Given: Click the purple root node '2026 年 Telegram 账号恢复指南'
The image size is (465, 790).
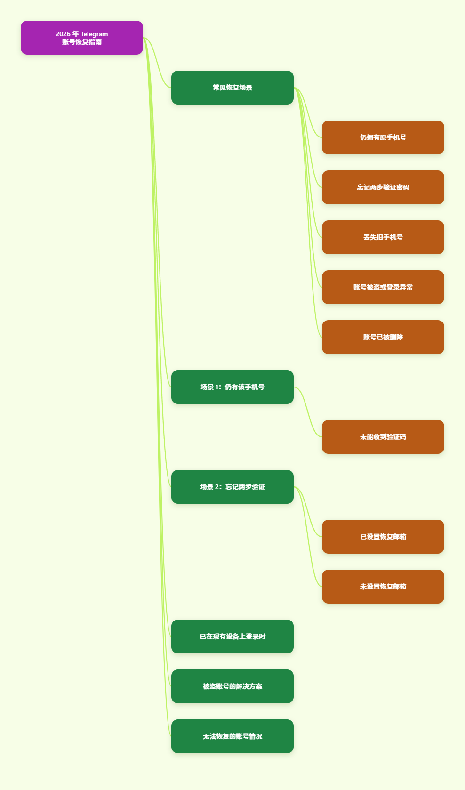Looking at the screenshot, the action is [x=82, y=38].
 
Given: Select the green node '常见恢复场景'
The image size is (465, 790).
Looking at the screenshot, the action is [x=232, y=88].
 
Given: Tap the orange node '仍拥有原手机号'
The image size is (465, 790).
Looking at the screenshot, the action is [x=383, y=137].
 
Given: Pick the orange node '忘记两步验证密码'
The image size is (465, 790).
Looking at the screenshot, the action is [x=383, y=187].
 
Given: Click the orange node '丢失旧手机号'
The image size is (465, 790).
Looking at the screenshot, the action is [x=383, y=237].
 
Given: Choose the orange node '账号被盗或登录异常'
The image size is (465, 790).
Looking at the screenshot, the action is [x=383, y=287].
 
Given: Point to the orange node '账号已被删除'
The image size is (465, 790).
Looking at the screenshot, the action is [x=383, y=337].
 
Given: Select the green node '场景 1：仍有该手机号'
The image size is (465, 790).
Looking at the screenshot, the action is [x=232, y=387].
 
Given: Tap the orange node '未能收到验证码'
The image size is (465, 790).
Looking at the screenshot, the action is [x=383, y=437].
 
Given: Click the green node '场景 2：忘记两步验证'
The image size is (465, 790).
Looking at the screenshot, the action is [x=232, y=487].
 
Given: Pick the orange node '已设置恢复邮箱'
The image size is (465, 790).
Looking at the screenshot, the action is [x=383, y=537].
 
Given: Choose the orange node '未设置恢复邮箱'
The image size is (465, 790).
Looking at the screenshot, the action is [x=383, y=587].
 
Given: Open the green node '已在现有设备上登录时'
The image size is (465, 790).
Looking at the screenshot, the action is [x=232, y=637].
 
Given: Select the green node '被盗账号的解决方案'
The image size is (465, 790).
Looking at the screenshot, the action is [x=232, y=686].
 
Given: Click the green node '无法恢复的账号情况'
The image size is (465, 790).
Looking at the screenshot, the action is [x=232, y=736].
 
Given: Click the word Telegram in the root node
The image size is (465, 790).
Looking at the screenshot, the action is [x=94, y=34].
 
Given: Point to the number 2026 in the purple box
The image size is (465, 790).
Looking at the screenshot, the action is [x=63, y=34].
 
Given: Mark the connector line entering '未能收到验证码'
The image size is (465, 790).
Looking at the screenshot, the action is [x=308, y=412].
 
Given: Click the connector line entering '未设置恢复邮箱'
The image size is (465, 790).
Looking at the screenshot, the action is [x=308, y=537].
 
